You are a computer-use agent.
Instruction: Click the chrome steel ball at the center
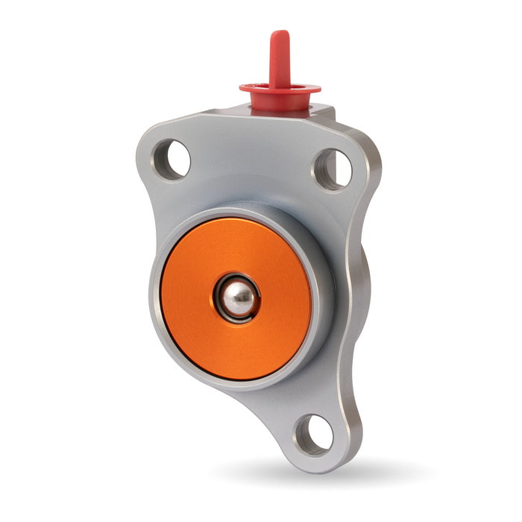[239, 299]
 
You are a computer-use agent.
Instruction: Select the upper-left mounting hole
[174, 159]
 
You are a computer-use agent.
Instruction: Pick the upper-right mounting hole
[333, 168]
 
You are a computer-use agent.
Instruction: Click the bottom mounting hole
[312, 433]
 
